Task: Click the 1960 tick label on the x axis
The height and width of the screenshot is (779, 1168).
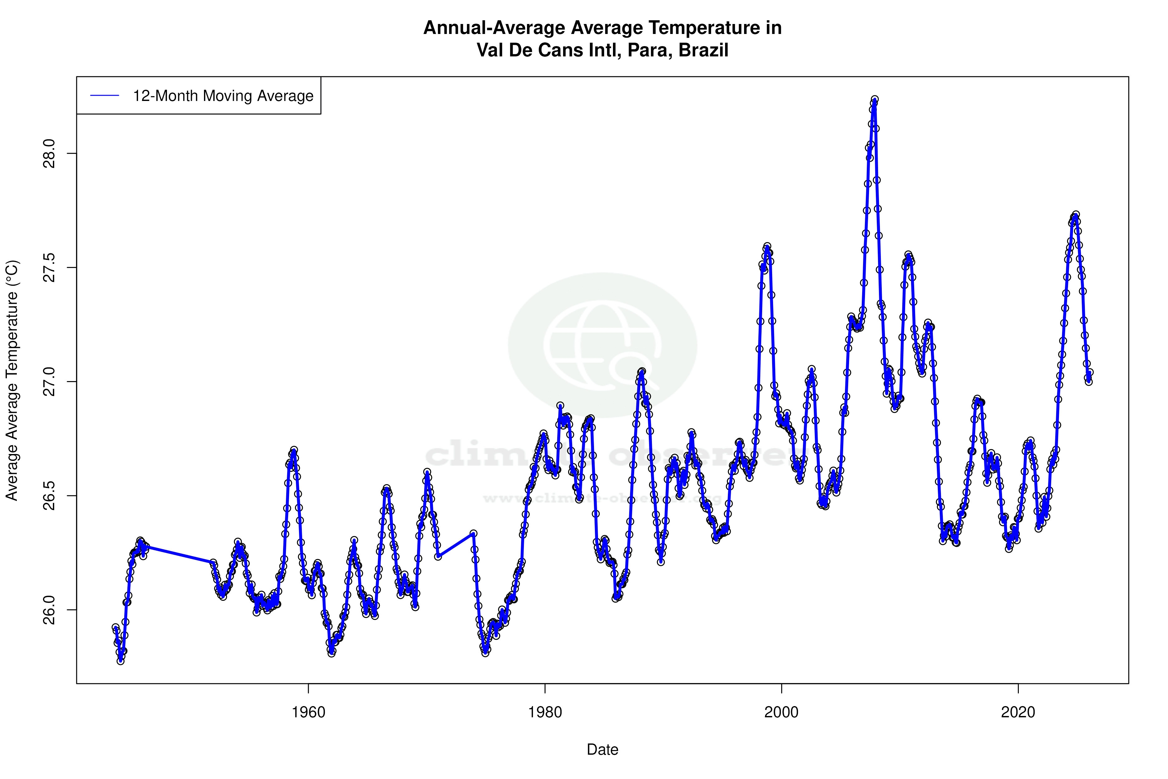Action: click(x=308, y=712)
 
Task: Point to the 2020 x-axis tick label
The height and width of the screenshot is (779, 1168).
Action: click(x=1018, y=712)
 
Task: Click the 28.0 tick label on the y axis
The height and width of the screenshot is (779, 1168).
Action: click(x=49, y=154)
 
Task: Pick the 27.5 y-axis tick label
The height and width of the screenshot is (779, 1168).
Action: click(x=49, y=267)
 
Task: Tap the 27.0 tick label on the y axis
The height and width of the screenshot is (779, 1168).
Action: click(x=49, y=381)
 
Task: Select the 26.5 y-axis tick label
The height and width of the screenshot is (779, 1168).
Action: click(x=49, y=495)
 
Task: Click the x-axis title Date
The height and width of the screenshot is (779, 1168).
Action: click(x=602, y=750)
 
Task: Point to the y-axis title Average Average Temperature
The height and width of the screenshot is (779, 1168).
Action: click(x=12, y=380)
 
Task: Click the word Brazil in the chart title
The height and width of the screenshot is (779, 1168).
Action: click(x=703, y=50)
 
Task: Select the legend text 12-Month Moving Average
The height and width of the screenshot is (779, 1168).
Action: click(x=223, y=96)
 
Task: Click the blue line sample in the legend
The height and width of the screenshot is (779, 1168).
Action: click(x=105, y=96)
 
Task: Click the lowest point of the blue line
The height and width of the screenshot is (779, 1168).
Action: click(x=120, y=661)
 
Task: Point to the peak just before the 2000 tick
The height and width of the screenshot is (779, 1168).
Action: click(x=767, y=247)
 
